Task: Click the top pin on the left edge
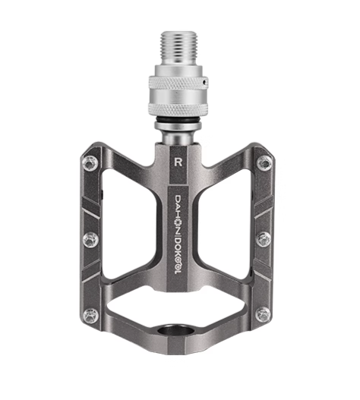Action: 91,162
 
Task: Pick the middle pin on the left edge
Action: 90,238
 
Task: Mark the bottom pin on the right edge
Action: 264,314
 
